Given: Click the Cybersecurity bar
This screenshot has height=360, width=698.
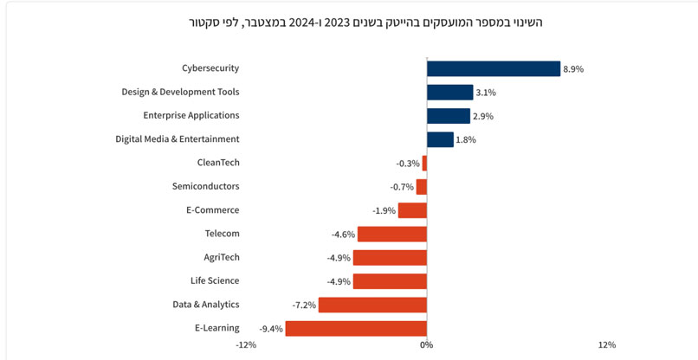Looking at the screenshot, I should click(493, 68).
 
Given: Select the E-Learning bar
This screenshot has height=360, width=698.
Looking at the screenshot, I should click(356, 328).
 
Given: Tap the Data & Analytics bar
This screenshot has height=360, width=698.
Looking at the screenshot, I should click(372, 305).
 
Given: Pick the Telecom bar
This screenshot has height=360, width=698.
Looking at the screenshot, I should click(391, 234).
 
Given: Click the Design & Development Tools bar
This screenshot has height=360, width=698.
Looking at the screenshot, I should click(449, 92).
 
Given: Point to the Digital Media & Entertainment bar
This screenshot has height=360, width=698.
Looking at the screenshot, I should click(440, 139).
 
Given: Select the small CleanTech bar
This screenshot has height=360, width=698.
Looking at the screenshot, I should click(424, 163).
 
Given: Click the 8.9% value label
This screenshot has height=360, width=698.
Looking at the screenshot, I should click(573, 69).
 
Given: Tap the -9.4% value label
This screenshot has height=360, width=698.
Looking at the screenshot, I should click(270, 329).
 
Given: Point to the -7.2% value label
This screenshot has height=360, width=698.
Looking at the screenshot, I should click(304, 305).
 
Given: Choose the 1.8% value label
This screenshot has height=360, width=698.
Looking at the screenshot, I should click(466, 140).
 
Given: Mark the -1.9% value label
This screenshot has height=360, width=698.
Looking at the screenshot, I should click(384, 210).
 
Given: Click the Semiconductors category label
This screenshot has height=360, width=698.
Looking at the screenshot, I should click(205, 186).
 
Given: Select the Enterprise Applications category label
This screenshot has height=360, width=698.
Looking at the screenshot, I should click(191, 115).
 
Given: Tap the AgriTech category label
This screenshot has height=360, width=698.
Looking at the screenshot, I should click(222, 257).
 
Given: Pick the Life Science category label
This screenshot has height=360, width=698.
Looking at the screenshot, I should click(215, 280).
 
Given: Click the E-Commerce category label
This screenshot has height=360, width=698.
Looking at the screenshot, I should click(212, 209).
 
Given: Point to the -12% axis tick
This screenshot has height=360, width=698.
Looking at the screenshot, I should click(246, 345).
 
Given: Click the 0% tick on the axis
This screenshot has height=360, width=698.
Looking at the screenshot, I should click(426, 345).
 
